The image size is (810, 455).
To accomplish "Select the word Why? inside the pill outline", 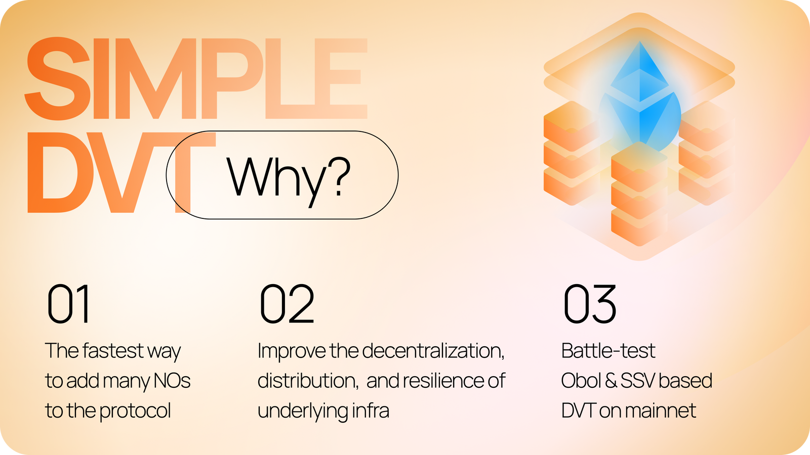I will point(289,177).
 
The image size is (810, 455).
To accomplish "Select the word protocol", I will point(135,411).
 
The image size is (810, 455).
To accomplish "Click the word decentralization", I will point(433,351).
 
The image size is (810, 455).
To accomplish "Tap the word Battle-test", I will point(608,351).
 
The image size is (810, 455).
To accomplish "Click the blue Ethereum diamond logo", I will point(640,96).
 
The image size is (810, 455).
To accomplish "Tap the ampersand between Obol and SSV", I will point(611,381).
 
